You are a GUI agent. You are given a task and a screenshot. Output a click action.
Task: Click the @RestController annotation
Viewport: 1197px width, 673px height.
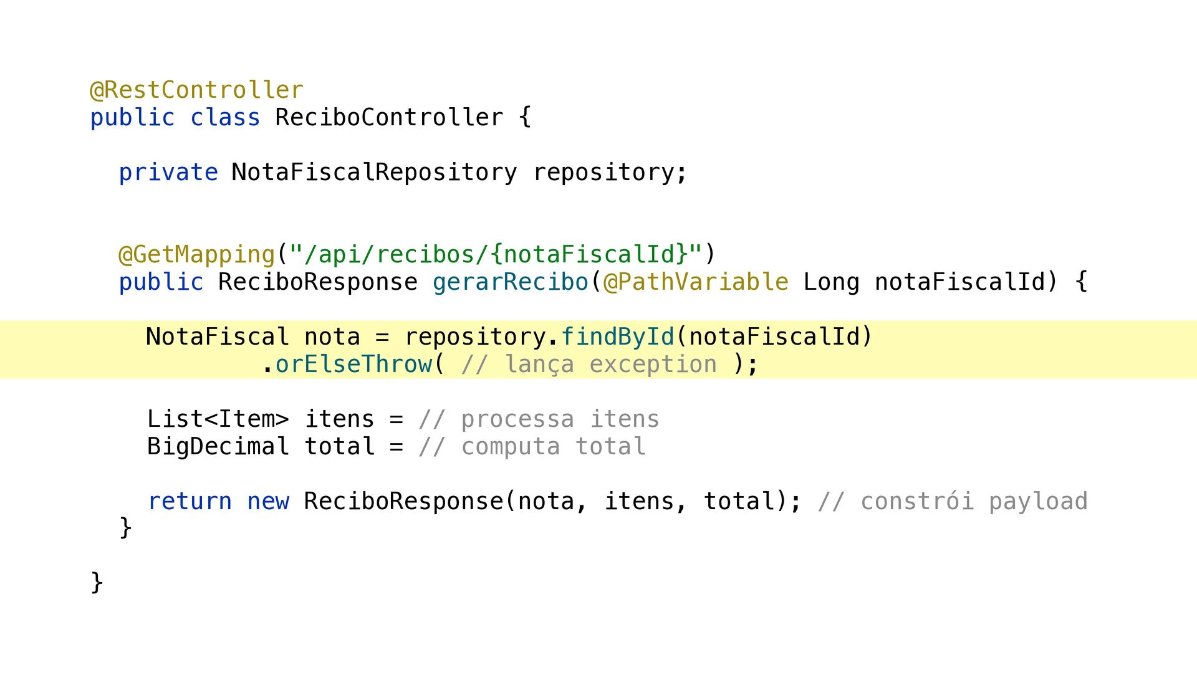(x=196, y=90)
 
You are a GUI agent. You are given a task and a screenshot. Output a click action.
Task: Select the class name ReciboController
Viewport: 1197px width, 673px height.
(x=389, y=117)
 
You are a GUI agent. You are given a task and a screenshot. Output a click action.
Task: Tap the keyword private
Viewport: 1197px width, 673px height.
(x=168, y=173)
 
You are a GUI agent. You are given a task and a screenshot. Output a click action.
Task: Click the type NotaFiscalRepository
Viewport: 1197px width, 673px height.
(x=374, y=173)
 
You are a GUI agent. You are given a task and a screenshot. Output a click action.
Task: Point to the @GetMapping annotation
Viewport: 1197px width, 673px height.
(x=196, y=255)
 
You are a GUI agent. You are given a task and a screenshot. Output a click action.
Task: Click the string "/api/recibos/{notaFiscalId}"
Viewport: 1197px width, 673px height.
(x=496, y=255)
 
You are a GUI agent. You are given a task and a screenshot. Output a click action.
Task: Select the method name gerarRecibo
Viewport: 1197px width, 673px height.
(x=511, y=282)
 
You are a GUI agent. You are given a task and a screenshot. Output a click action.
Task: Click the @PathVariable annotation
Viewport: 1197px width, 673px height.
(x=696, y=282)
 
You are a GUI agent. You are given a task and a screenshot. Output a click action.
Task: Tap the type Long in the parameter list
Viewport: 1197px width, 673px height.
(x=831, y=282)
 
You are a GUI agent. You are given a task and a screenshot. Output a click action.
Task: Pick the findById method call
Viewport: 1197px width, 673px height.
(x=617, y=337)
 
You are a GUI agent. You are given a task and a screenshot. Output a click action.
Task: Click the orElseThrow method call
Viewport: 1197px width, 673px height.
(x=353, y=365)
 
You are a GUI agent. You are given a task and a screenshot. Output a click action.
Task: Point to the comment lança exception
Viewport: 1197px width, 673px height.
(x=589, y=365)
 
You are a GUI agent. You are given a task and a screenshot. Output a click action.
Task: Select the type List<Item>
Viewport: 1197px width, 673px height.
(x=218, y=419)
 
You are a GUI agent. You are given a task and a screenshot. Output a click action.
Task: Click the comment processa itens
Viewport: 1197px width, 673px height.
(x=539, y=419)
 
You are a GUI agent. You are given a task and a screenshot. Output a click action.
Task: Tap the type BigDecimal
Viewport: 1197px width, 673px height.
(x=218, y=447)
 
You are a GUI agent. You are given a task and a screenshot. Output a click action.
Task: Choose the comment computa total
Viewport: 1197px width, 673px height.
(x=532, y=447)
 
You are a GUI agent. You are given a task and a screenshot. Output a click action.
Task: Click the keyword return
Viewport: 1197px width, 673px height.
(x=190, y=502)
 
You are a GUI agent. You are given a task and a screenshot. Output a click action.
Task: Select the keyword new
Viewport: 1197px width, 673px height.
(x=268, y=502)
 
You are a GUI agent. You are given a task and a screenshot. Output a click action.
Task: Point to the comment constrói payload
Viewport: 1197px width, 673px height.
(x=953, y=502)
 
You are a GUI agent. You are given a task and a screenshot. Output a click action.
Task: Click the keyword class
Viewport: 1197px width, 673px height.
(x=225, y=117)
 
